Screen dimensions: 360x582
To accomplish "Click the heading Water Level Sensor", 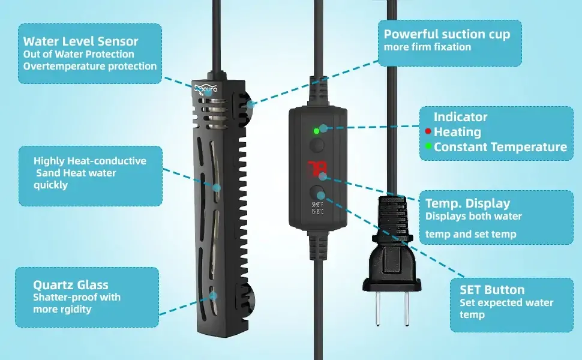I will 80,41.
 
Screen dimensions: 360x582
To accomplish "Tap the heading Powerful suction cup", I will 446,34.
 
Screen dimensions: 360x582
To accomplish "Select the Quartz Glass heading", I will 70,284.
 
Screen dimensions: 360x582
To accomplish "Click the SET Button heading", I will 492,290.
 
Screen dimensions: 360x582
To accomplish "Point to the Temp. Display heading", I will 467,203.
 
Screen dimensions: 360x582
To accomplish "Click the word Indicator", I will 460,117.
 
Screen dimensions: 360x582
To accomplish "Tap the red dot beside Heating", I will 428,131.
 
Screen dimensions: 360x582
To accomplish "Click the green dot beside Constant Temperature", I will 428,146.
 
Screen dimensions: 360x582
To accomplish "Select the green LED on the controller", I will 316,130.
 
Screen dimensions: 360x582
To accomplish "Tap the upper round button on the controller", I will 317,145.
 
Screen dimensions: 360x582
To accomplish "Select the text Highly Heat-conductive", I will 90,161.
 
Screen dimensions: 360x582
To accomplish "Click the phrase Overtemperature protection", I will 89,66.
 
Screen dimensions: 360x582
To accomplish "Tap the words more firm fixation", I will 427,47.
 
